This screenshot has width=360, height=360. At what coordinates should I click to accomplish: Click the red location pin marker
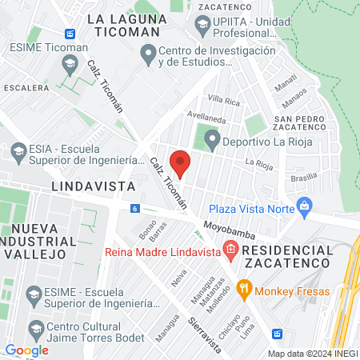(x=180, y=163)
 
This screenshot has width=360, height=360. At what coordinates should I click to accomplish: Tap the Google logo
(x=26, y=350)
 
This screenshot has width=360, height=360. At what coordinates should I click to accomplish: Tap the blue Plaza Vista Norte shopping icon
(x=304, y=206)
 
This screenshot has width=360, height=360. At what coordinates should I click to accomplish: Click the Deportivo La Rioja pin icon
(x=211, y=142)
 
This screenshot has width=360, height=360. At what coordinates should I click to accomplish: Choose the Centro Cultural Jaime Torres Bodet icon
(x=35, y=329)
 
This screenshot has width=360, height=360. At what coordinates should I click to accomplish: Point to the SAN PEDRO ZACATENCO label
(x=303, y=122)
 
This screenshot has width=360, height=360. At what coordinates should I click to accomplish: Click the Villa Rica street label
(x=223, y=101)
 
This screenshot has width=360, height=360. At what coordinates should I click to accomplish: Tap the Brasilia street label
(x=304, y=178)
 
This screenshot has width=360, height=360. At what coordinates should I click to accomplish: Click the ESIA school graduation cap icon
(x=16, y=150)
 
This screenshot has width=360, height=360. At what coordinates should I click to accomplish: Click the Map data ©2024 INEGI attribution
(x=311, y=354)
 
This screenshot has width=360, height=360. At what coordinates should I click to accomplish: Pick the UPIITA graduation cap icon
(x=203, y=25)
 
